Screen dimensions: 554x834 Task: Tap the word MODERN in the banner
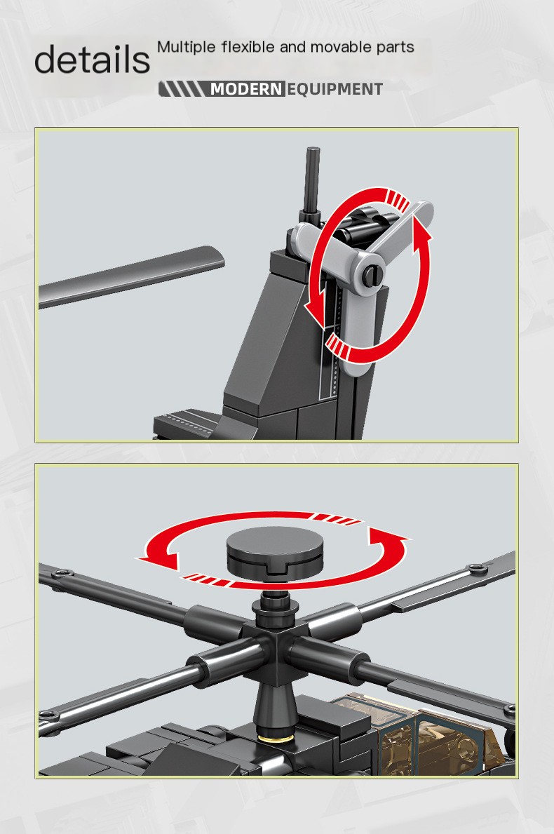pyautogui.click(x=246, y=89)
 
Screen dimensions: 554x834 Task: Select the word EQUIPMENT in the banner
pyautogui.click(x=335, y=89)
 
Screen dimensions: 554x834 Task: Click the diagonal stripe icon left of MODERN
pyautogui.click(x=181, y=89)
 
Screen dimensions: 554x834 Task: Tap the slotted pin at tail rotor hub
pyautogui.click(x=373, y=274)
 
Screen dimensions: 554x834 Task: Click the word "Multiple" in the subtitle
pyautogui.click(x=186, y=47)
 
